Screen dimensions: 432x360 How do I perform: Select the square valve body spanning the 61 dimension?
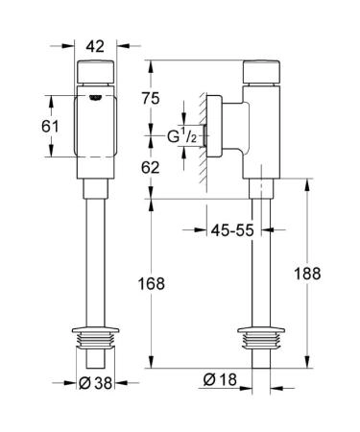click(96, 125)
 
